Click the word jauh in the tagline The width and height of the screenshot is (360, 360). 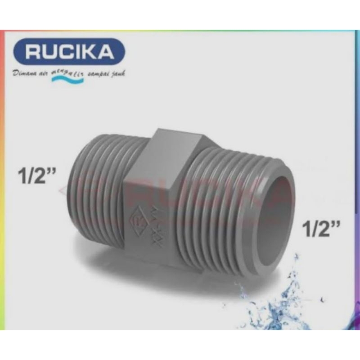(118, 73)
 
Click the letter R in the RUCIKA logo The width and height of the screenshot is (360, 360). (34, 52)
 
